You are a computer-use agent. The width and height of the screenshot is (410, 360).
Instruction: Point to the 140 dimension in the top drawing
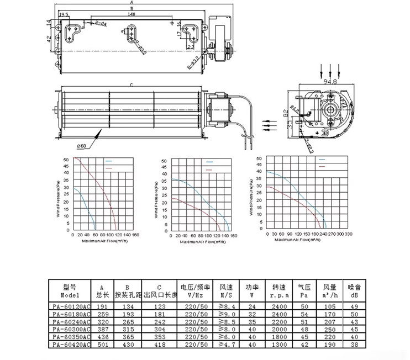tap(131, 15)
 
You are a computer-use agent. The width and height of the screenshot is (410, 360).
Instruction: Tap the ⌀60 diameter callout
tap(81, 146)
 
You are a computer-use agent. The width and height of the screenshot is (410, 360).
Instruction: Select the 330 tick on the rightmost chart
tap(364, 234)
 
